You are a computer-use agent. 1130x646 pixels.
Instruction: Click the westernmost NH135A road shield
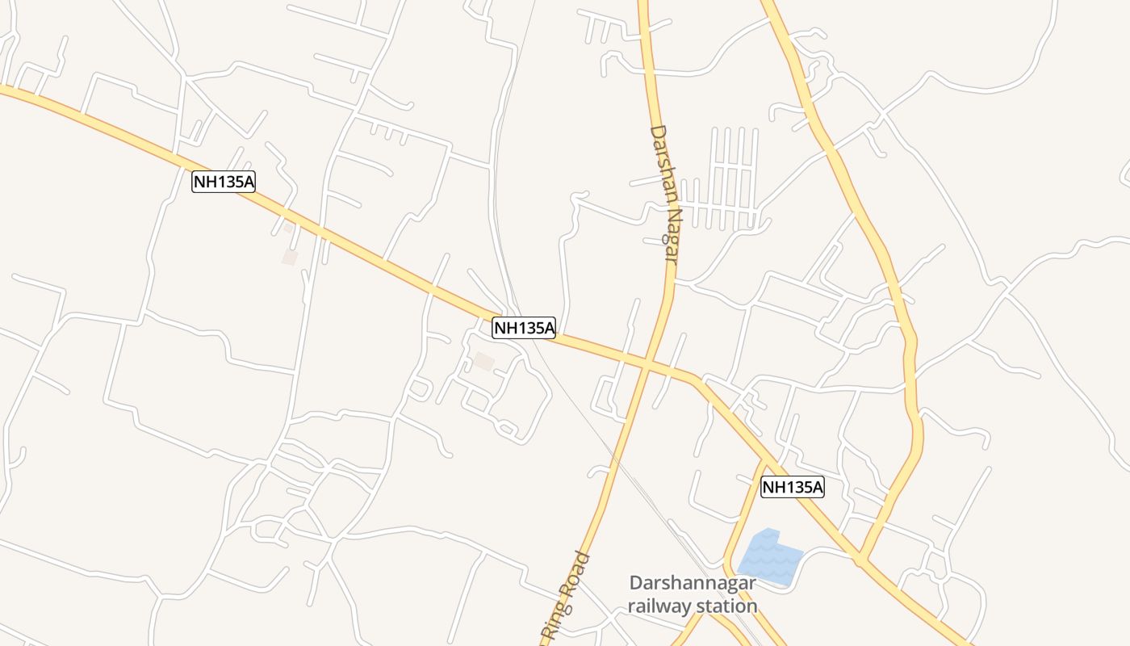224,182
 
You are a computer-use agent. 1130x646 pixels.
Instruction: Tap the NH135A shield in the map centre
524,328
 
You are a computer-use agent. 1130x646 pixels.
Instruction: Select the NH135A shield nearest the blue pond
793,487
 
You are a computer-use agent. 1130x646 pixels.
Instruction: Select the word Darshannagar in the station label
693,583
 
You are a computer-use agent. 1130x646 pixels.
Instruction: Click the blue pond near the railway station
768,556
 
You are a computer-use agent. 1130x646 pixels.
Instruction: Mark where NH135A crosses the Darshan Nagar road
648,361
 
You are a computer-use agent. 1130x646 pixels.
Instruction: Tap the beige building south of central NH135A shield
483,361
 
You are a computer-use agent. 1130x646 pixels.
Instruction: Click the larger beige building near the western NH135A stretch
289,257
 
